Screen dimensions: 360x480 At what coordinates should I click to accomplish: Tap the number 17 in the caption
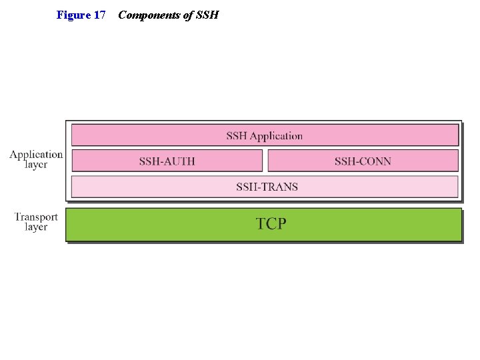99,15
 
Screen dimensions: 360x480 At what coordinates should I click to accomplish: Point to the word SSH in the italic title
207,15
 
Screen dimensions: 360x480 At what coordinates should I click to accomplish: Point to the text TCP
271,224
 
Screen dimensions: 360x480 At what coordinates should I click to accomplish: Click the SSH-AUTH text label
167,161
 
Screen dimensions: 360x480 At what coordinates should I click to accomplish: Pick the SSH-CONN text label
363,161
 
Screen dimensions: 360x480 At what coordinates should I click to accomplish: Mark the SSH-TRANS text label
267,187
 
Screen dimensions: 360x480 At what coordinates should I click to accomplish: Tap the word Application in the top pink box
276,136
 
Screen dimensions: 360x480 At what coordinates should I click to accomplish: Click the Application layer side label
36,159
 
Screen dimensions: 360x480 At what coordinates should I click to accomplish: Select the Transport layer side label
36,221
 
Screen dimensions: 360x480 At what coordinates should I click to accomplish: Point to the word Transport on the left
36,217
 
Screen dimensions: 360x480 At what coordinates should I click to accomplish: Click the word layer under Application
36,165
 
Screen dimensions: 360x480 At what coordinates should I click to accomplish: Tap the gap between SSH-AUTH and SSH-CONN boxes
265,161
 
